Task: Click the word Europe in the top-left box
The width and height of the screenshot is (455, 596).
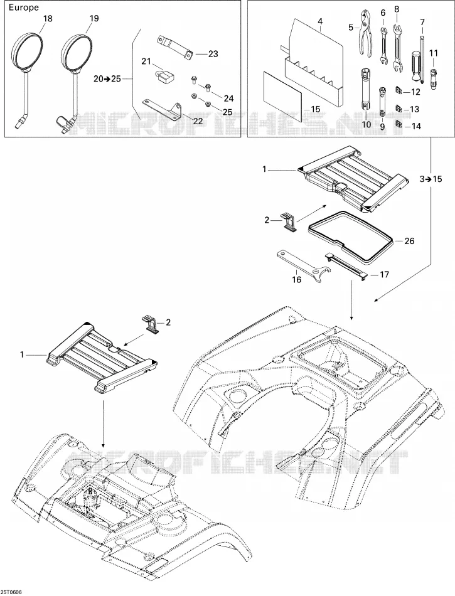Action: [x=24, y=8]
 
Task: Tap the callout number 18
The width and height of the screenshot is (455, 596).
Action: [x=48, y=18]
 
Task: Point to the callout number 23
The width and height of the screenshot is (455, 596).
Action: [x=213, y=54]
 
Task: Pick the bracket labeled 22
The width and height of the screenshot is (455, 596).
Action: [x=162, y=107]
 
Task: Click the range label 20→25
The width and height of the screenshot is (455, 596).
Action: [x=107, y=78]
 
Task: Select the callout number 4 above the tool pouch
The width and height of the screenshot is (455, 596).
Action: [x=320, y=22]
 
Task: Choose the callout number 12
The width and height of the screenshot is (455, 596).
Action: [x=416, y=92]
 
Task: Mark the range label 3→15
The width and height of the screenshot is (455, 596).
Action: [x=431, y=179]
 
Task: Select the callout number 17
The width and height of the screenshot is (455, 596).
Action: [x=384, y=274]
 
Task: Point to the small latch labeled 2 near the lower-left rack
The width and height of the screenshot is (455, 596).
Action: [x=151, y=324]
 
